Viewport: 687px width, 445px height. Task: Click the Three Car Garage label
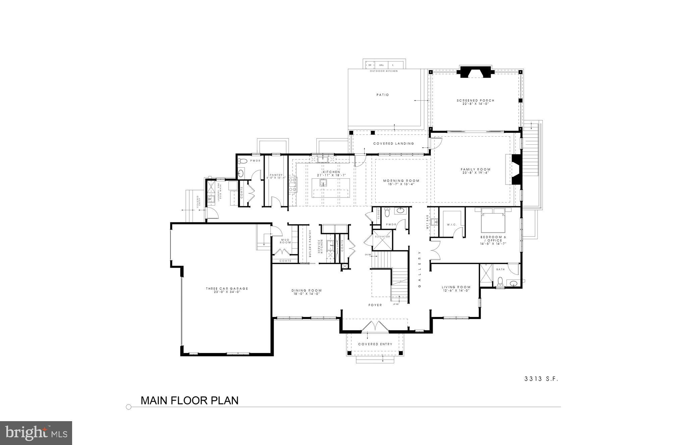(x=227, y=288)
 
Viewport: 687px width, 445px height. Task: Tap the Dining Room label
(x=306, y=291)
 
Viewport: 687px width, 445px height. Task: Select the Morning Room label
(x=401, y=181)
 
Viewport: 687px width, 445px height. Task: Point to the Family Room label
(x=475, y=170)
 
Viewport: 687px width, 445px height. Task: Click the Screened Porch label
(x=475, y=100)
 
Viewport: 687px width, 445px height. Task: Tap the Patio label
(x=382, y=95)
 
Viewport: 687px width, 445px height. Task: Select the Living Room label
(x=456, y=287)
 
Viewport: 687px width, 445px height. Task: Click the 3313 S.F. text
(x=541, y=379)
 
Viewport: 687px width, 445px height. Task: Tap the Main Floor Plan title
(x=190, y=400)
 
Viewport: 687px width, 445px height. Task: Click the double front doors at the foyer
(x=375, y=326)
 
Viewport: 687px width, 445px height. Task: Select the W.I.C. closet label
(x=452, y=224)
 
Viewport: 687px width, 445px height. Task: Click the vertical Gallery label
(x=419, y=269)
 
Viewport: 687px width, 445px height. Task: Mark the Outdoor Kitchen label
(x=383, y=71)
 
